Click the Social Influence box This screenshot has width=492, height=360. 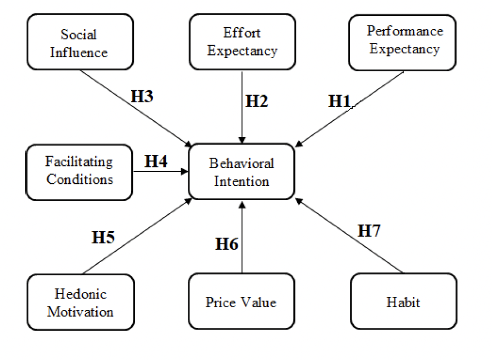(80, 42)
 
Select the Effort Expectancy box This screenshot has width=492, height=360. (242, 42)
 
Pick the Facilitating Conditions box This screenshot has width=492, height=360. (79, 171)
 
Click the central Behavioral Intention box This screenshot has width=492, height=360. (242, 171)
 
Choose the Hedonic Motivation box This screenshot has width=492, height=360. (80, 302)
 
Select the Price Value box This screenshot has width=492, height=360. (241, 302)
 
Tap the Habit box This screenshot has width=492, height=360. (403, 302)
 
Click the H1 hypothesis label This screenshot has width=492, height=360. (339, 101)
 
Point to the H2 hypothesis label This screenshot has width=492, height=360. (257, 101)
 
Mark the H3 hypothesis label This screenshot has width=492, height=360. (142, 96)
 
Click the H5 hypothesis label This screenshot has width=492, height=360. (103, 237)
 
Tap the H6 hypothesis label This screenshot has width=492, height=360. (227, 244)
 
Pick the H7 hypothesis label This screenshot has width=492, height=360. (369, 231)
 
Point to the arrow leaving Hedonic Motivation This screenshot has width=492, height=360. (136, 237)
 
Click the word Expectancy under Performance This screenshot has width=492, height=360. (405, 49)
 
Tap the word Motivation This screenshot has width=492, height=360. (81, 311)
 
